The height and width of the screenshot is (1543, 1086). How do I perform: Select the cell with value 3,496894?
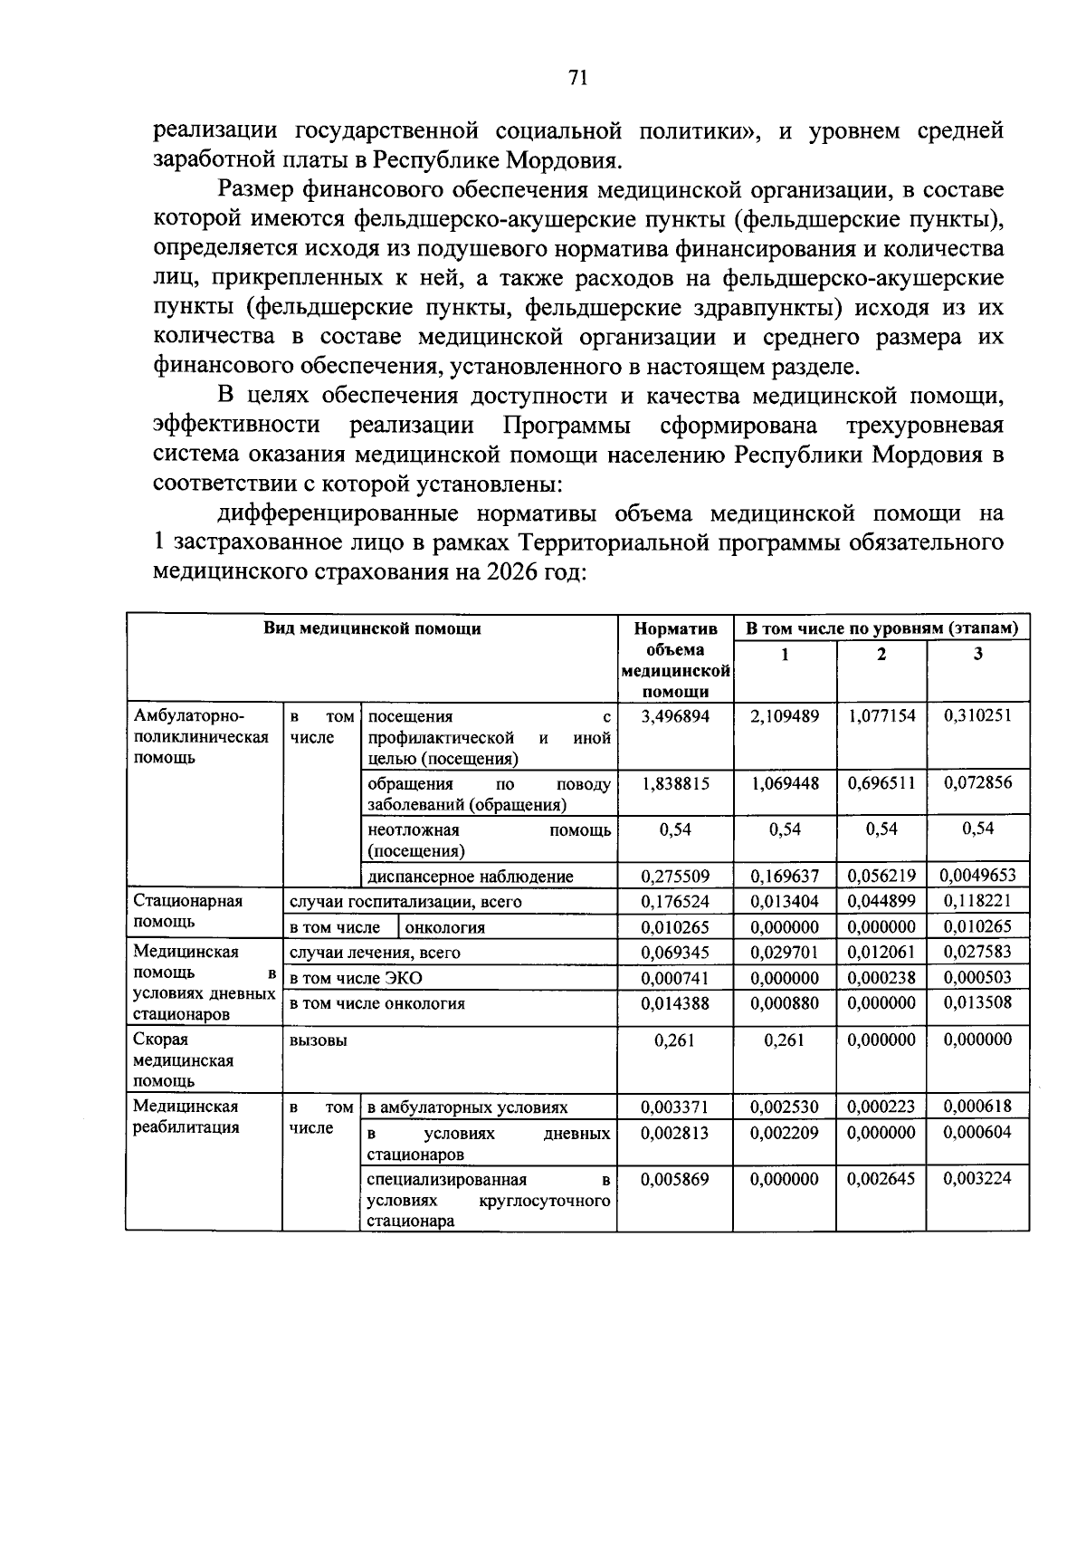674,716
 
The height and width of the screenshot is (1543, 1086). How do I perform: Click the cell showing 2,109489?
784,716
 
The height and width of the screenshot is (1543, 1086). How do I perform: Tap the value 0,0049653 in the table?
977,876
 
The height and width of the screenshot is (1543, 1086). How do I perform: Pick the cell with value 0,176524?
674,901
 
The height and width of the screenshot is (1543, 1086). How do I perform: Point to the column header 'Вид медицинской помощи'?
372,628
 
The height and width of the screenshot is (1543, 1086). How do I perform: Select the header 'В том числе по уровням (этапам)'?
881,628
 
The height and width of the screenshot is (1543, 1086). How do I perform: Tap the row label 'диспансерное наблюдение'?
470,877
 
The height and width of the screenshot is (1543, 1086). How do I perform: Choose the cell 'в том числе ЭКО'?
356,978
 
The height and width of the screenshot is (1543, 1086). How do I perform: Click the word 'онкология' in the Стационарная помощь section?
444,927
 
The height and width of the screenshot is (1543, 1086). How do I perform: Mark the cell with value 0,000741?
674,978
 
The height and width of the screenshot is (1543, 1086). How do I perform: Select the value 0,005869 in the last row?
674,1179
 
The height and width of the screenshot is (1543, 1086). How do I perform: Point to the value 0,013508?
977,1003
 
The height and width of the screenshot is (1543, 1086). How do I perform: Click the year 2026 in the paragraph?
513,572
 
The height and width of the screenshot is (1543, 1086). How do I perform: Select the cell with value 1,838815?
674,784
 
